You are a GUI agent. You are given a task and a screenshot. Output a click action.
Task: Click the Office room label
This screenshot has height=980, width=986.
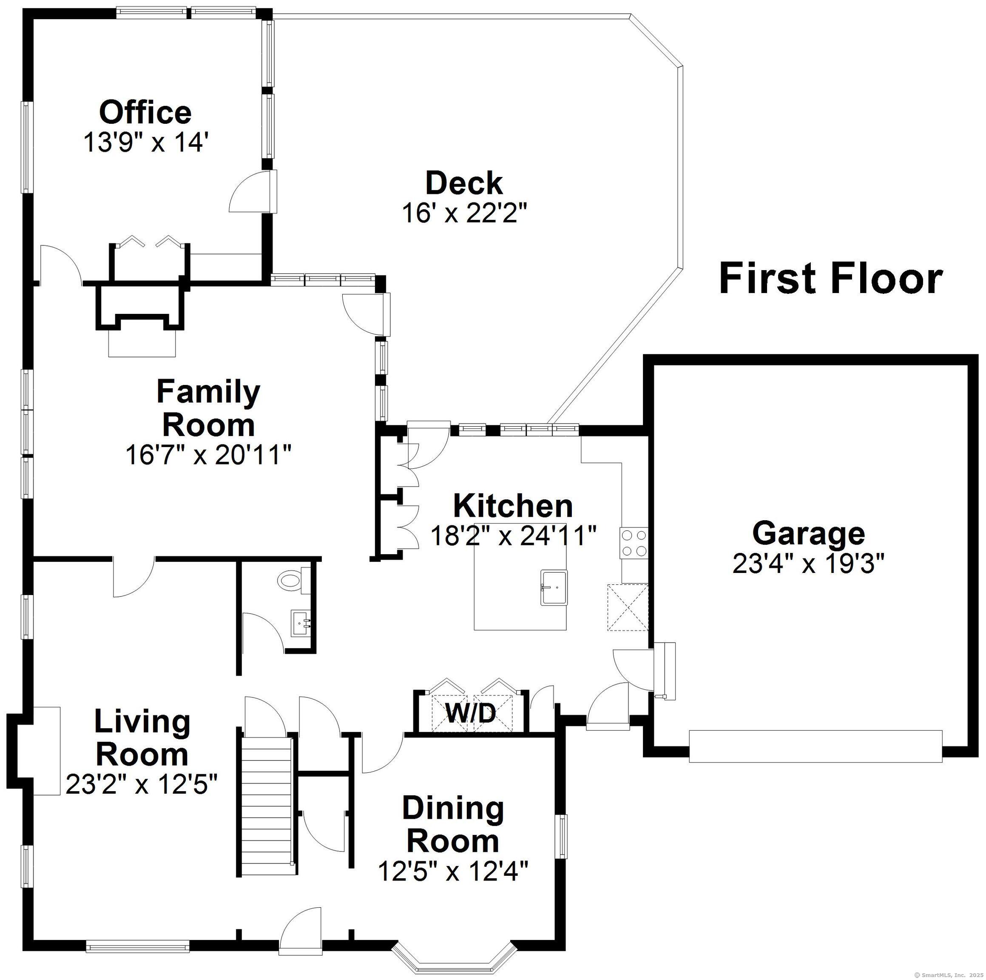tap(145, 113)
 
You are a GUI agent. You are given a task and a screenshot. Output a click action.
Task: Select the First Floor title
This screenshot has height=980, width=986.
tap(830, 279)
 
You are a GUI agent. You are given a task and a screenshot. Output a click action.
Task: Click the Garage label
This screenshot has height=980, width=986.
tap(808, 533)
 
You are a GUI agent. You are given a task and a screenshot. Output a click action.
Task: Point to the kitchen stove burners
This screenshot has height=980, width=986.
tap(634, 543)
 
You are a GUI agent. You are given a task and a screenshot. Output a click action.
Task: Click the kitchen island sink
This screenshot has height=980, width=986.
tap(554, 587)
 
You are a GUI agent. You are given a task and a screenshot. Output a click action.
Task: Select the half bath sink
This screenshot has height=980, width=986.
tap(301, 623)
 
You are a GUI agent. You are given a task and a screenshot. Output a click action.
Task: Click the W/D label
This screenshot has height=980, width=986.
tap(471, 713)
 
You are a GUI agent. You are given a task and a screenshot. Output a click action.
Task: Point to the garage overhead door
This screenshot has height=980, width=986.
tap(815, 746)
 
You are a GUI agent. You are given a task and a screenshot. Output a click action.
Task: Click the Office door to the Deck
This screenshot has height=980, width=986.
tap(253, 191)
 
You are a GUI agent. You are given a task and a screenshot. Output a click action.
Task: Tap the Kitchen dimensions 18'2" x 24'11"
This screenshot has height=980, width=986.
tap(513, 536)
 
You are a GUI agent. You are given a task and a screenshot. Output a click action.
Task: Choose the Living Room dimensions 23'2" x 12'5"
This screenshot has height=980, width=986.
tap(142, 784)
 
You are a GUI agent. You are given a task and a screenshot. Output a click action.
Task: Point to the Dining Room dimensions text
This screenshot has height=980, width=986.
tap(453, 871)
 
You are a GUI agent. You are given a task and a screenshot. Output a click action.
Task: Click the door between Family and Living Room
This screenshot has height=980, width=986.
tap(133, 577)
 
